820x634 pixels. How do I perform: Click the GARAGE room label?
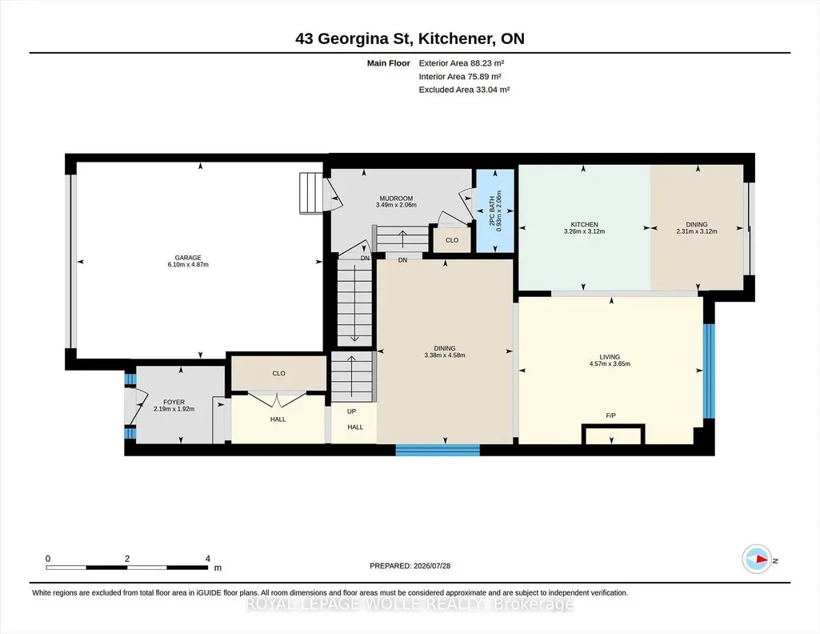(x=188, y=258)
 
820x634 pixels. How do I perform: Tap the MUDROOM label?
(x=396, y=199)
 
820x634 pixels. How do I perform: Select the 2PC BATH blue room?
(x=494, y=211)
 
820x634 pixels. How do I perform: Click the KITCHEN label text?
(x=584, y=224)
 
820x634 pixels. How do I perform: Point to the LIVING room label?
(x=610, y=357)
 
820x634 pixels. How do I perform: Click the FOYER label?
(x=174, y=403)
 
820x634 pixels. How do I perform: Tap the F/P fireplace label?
(x=611, y=415)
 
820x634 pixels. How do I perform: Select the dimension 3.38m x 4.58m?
(x=445, y=355)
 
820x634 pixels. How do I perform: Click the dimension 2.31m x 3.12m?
(x=697, y=231)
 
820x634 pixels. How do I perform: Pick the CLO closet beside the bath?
(x=452, y=240)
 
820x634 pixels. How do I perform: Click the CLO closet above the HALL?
(x=278, y=373)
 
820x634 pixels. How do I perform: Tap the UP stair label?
(x=351, y=411)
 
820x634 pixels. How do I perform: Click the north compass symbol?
(x=757, y=560)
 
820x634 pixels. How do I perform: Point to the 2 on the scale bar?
(x=127, y=559)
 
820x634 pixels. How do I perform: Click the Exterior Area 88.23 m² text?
(x=462, y=63)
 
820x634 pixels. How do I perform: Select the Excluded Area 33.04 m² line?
(x=464, y=90)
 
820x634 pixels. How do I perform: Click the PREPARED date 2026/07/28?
(x=431, y=565)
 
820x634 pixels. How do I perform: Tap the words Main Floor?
(x=389, y=63)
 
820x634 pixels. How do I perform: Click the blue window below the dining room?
(x=438, y=450)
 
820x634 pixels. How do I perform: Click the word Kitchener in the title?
(x=455, y=38)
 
